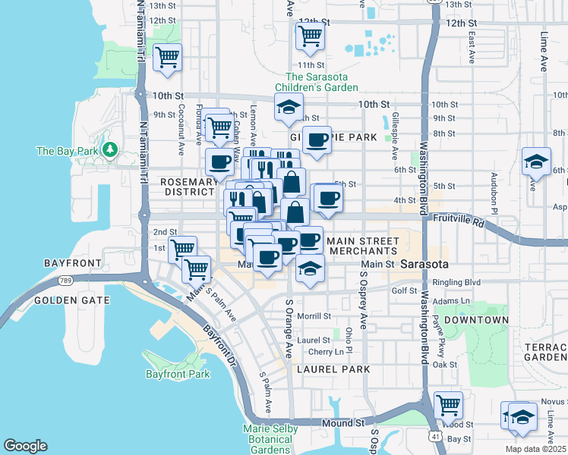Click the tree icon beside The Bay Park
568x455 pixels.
tap(111, 150)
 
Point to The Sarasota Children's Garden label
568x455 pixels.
tap(321, 82)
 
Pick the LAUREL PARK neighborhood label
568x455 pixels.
tap(333, 369)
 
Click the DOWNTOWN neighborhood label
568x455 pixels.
tap(476, 320)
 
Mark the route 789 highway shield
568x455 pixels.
tap(62, 280)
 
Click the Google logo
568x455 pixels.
tap(25, 446)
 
